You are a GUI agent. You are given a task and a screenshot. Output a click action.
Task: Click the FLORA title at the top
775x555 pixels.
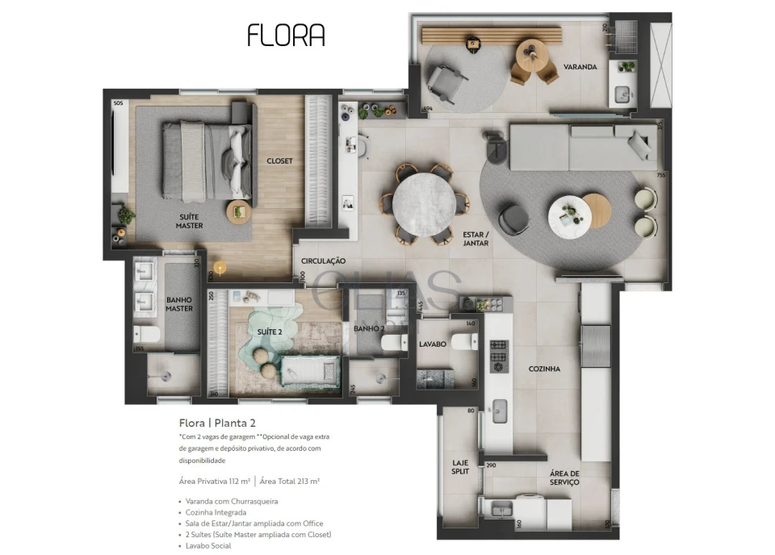pyautogui.click(x=286, y=35)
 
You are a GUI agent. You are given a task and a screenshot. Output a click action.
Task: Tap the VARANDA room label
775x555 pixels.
pyautogui.click(x=580, y=67)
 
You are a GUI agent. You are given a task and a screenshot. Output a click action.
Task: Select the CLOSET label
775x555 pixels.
pyautogui.click(x=279, y=161)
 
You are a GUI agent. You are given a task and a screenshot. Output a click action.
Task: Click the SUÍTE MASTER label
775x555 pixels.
pyautogui.click(x=190, y=221)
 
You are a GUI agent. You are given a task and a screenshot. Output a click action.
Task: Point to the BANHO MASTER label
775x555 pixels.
pyautogui.click(x=179, y=304)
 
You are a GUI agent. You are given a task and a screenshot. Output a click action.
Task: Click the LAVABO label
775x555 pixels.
pyautogui.click(x=433, y=344)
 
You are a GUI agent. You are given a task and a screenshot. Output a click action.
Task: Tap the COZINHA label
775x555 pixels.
pyautogui.click(x=544, y=369)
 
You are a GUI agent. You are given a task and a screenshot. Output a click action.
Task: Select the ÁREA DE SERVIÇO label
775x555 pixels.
pyautogui.click(x=564, y=478)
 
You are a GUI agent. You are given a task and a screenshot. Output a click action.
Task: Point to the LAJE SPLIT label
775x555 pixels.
pyautogui.click(x=460, y=467)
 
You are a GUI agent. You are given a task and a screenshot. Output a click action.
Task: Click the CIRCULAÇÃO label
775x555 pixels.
pyautogui.click(x=323, y=261)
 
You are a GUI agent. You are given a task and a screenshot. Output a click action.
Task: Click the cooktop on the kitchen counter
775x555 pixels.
pyautogui.click(x=499, y=356)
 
